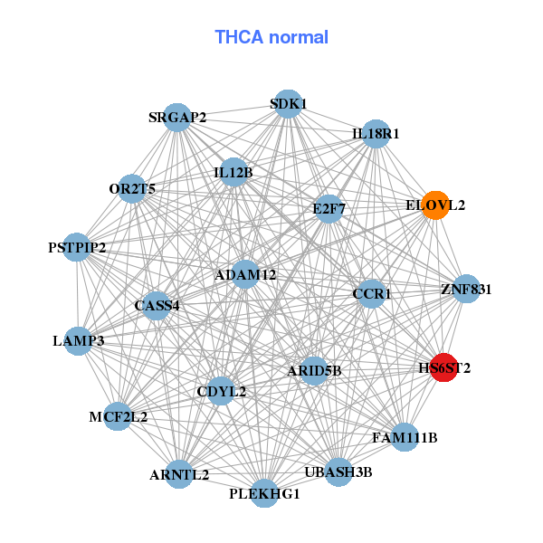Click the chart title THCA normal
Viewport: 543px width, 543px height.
coord(271,37)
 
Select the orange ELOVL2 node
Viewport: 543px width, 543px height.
coord(435,205)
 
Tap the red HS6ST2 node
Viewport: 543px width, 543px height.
coord(443,368)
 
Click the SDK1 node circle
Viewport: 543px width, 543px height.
coord(287,104)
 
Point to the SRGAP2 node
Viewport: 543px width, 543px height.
coord(177,118)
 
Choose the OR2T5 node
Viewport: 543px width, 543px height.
coord(133,189)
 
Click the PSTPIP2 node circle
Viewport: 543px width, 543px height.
coord(77,247)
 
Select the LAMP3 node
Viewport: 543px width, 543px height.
coord(79,341)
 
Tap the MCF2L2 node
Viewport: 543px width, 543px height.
coord(118,417)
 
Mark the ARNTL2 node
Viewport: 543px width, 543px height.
coord(179,474)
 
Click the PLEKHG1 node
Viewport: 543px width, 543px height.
coord(264,493)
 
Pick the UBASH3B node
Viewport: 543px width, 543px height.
coord(338,472)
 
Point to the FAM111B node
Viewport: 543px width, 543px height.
coord(405,438)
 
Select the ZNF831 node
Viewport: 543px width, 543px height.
coord(466,290)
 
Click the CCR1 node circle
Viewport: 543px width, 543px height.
coord(371,294)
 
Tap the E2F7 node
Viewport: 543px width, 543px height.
coord(329,209)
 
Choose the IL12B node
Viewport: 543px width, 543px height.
coord(233,172)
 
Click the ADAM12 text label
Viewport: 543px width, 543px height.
coord(245,274)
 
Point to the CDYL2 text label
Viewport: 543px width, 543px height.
coord(222,392)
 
